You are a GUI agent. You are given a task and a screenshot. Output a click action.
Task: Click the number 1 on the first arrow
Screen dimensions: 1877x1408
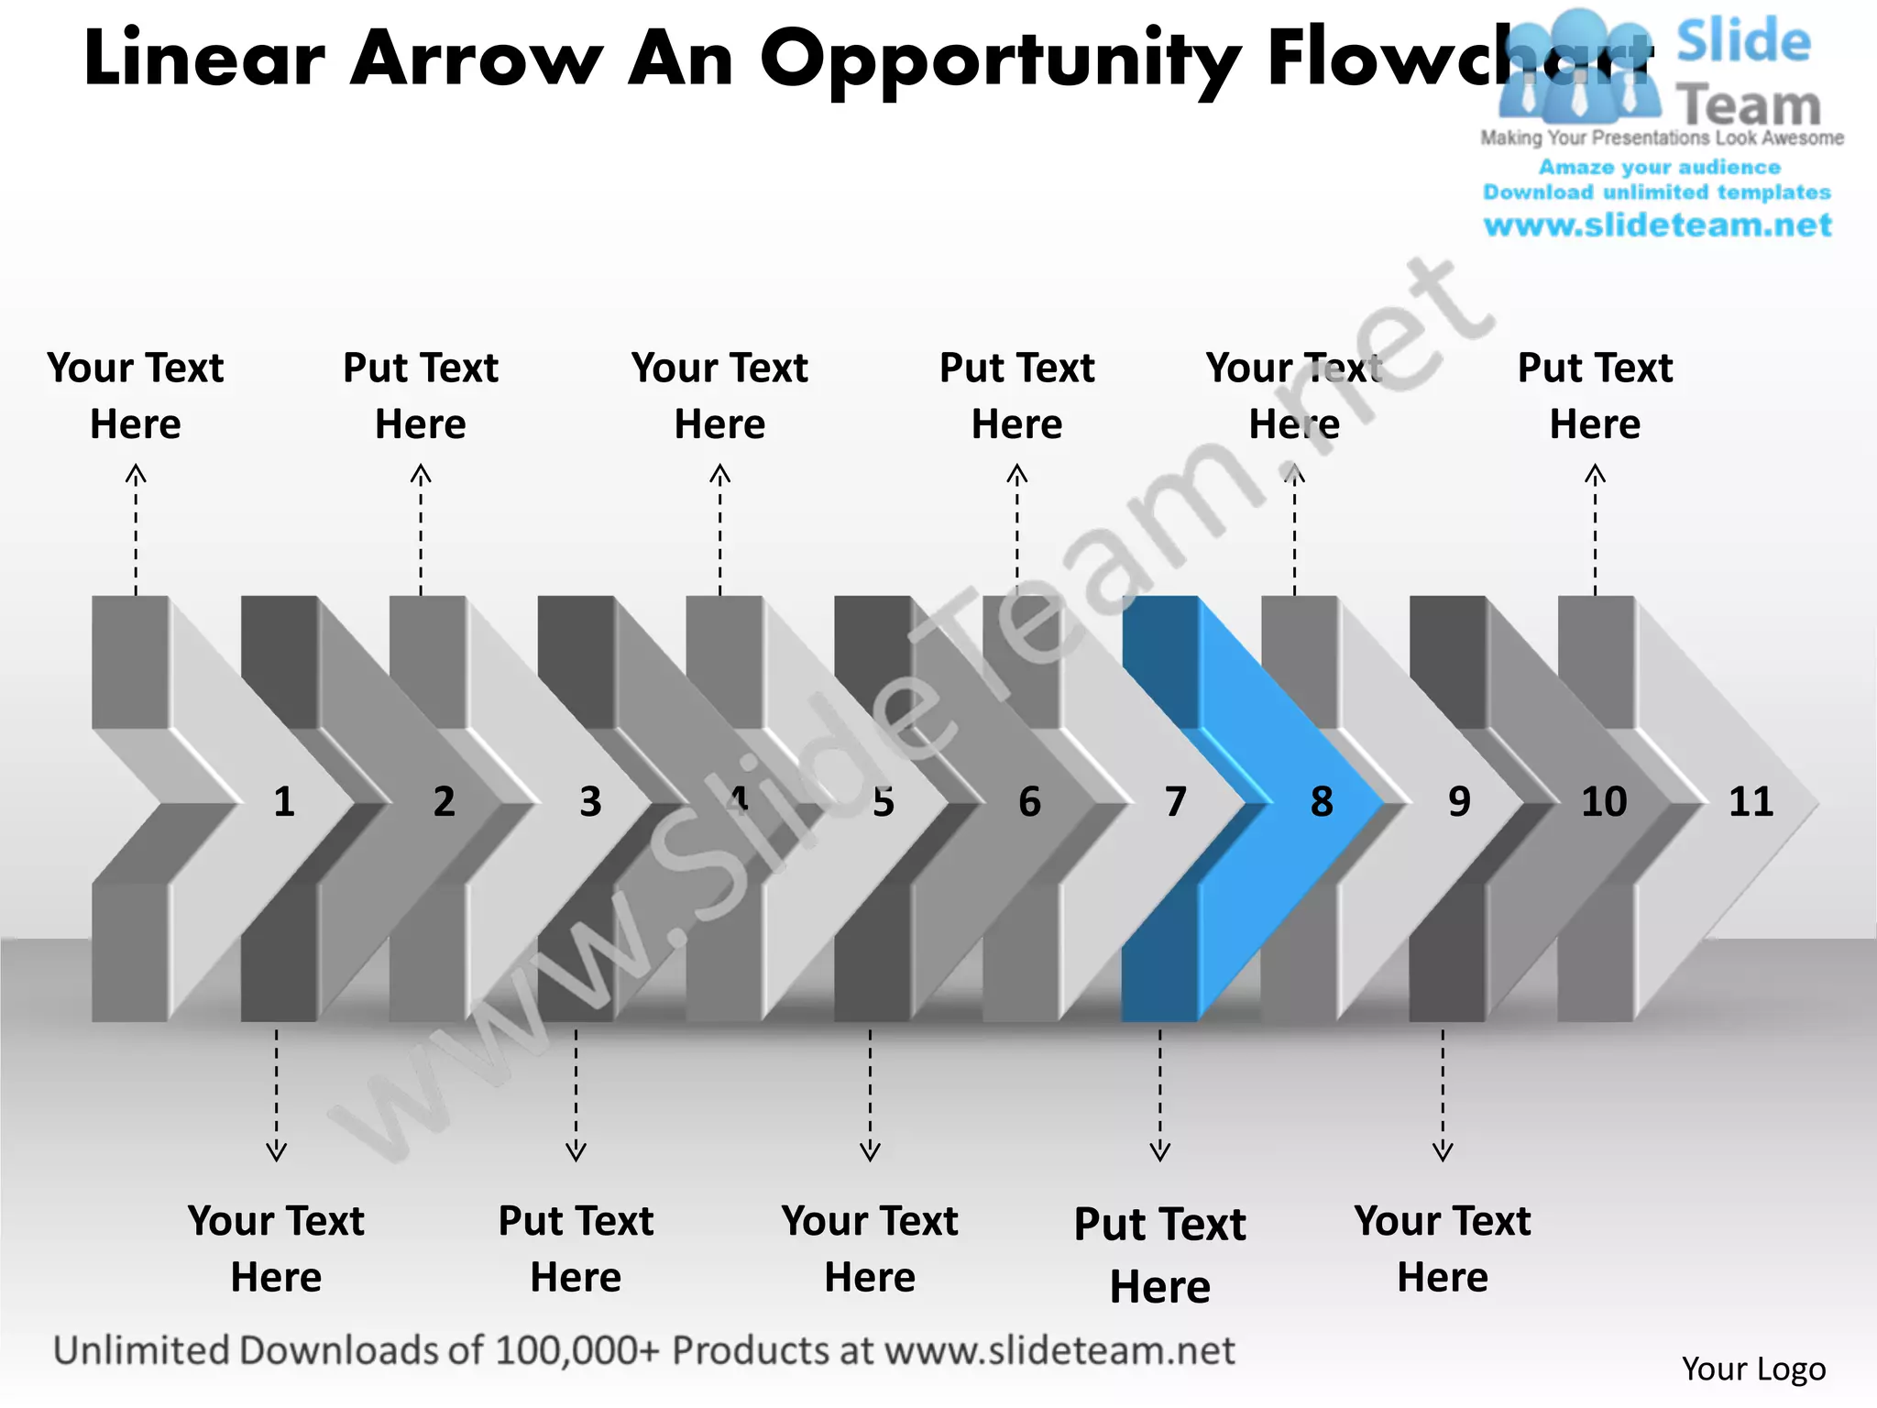(x=284, y=802)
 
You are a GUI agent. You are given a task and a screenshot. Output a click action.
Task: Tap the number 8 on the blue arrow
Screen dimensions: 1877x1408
(x=1322, y=802)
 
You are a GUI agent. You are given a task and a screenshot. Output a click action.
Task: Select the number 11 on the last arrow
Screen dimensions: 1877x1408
(x=1751, y=802)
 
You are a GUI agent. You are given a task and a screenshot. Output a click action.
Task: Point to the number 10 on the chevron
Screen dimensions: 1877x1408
(x=1604, y=802)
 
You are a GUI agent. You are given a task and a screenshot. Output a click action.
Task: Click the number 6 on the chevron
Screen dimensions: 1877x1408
(x=1029, y=802)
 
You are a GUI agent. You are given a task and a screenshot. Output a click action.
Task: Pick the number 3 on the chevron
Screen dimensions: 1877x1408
(x=590, y=802)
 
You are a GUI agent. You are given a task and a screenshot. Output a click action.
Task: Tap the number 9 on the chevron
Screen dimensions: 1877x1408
(x=1459, y=802)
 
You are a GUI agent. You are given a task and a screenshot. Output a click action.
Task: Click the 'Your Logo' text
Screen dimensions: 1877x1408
(x=1753, y=1369)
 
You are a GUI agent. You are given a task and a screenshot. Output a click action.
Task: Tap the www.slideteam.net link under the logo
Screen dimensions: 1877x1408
(x=1657, y=225)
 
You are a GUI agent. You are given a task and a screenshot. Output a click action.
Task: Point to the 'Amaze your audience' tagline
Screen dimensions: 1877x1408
(x=1659, y=167)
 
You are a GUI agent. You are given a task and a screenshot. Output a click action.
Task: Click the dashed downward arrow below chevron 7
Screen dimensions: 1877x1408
(x=1159, y=1095)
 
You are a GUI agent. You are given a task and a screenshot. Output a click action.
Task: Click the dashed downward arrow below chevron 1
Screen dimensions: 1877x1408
(x=276, y=1095)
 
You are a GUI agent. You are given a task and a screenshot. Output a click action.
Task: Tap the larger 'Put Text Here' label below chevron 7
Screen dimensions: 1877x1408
(x=1159, y=1254)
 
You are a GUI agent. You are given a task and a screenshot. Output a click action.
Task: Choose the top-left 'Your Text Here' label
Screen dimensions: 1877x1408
(x=136, y=395)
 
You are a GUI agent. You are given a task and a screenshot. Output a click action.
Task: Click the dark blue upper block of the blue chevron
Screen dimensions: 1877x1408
(x=1159, y=660)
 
